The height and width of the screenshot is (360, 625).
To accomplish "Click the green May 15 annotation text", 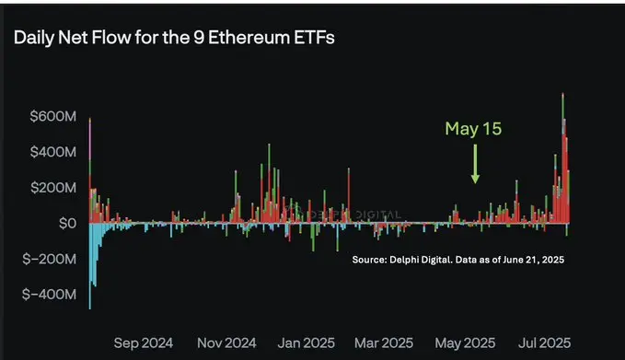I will click(473, 129).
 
